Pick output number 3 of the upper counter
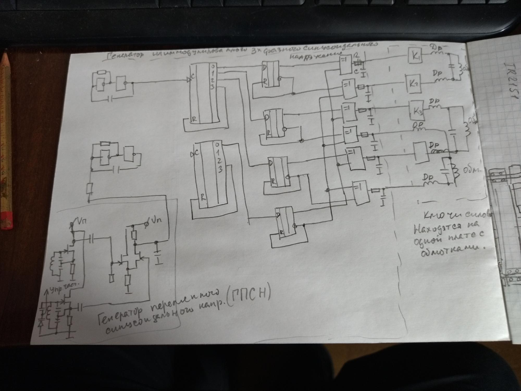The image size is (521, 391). [212, 87]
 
